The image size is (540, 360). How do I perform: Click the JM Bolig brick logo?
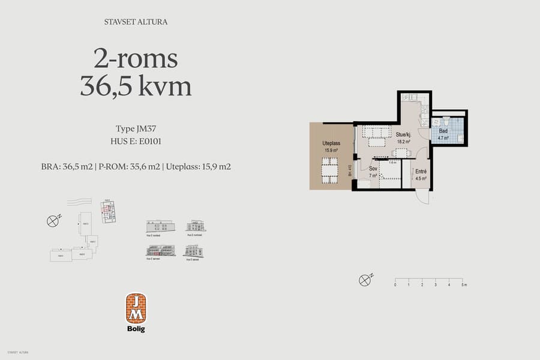pos(136,308)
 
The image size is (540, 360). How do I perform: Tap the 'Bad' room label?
pos(443,131)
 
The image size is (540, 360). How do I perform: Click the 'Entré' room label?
pos(421,171)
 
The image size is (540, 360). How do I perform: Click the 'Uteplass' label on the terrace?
pos(331,144)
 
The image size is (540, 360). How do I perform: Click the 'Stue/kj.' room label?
pos(403,135)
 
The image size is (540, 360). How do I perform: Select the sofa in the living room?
pos(376,132)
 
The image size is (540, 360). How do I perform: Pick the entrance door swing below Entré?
pos(423,197)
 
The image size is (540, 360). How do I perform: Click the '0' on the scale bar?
pos(395,285)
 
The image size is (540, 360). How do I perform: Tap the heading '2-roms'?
pos(136,59)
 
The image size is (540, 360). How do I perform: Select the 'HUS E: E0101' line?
pos(136,142)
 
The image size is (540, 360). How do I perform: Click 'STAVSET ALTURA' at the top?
pos(136,22)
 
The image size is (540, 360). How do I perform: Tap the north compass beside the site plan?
pos(53,221)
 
